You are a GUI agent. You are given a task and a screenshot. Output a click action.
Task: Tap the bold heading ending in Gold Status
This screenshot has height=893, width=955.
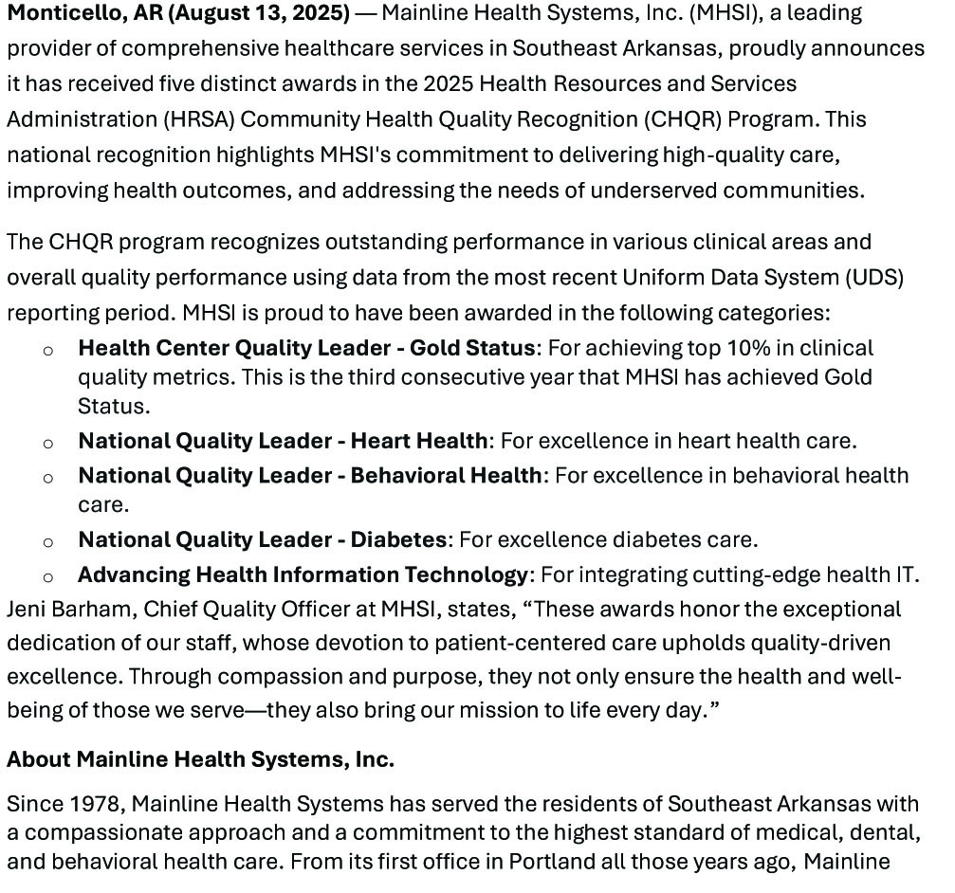tap(306, 348)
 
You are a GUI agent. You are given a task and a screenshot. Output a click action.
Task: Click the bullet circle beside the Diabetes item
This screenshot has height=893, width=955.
tap(48, 542)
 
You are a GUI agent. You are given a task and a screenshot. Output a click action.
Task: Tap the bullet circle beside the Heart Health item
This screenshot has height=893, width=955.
tap(48, 443)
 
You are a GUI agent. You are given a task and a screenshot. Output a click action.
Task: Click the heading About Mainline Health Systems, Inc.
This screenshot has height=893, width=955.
tap(200, 760)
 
